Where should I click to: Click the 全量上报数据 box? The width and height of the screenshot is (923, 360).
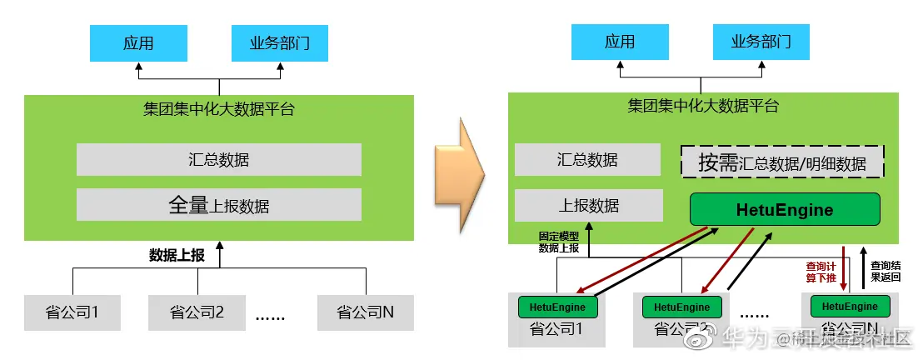pyautogui.click(x=218, y=204)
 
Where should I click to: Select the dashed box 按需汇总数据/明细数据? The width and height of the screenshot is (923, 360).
pyautogui.click(x=782, y=162)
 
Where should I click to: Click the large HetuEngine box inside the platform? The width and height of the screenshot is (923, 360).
pyautogui.click(x=784, y=209)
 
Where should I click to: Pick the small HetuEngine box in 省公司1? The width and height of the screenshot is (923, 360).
pyautogui.click(x=556, y=307)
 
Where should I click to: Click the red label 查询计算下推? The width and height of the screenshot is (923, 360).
pyautogui.click(x=821, y=271)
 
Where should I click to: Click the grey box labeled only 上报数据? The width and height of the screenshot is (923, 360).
pyautogui.click(x=588, y=205)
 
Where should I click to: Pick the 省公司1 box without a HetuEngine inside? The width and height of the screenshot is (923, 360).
pyautogui.click(x=72, y=312)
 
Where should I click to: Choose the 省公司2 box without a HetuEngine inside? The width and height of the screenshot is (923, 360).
pyautogui.click(x=197, y=312)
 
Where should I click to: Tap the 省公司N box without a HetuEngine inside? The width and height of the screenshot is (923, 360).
pyautogui.click(x=365, y=312)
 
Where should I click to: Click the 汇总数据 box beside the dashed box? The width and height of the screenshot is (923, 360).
pyautogui.click(x=588, y=160)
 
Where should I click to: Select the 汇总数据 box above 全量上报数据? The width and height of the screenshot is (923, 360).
pyautogui.click(x=218, y=159)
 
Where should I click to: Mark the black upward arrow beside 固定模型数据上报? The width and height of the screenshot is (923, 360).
pyautogui.click(x=588, y=240)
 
